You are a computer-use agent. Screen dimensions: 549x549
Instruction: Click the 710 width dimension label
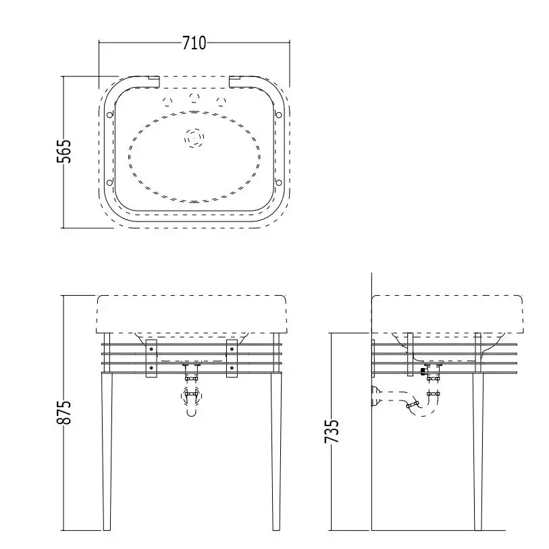194,43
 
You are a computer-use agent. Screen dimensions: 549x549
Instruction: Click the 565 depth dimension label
64,151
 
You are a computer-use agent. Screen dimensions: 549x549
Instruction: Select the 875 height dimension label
64,412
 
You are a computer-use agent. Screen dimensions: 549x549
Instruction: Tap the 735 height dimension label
332,431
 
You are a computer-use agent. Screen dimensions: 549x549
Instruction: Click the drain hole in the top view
194,138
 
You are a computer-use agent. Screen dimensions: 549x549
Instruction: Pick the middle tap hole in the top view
194,97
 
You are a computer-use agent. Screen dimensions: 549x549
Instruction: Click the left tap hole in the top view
167,101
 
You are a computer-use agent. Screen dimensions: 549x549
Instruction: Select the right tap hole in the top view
221,101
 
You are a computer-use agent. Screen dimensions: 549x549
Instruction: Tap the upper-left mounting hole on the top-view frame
109,115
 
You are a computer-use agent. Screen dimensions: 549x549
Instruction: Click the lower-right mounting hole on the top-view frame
279,182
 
